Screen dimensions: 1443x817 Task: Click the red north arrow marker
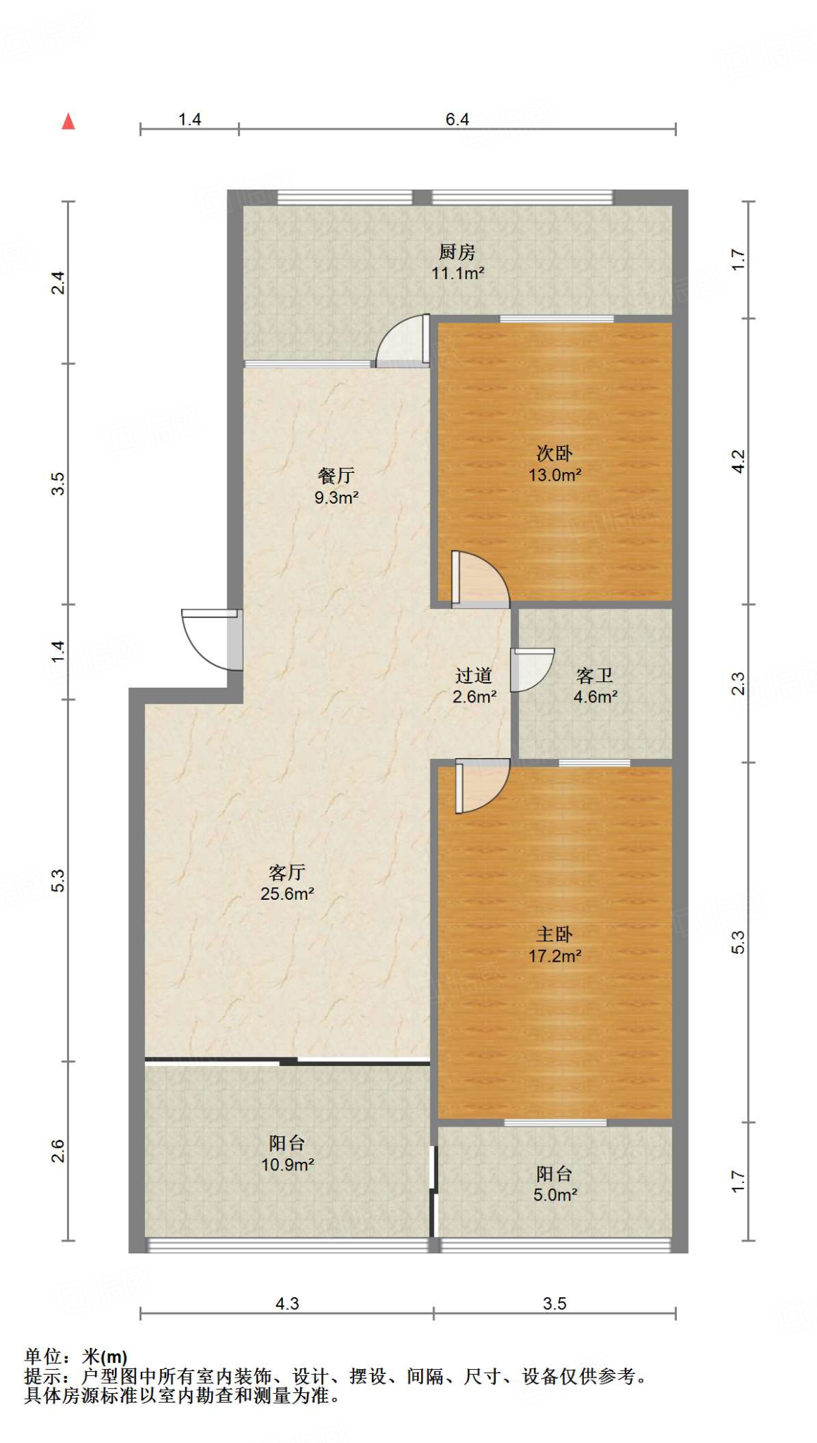click(x=68, y=122)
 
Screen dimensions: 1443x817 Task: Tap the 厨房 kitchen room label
click(x=457, y=252)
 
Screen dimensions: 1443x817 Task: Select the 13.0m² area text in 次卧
click(x=555, y=475)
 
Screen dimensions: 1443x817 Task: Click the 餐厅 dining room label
click(x=336, y=476)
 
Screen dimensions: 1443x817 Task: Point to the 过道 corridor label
click(x=473, y=676)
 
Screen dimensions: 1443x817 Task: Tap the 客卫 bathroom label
click(x=595, y=676)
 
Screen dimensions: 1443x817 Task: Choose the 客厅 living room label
click(x=287, y=872)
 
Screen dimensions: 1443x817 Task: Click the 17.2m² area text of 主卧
click(x=555, y=956)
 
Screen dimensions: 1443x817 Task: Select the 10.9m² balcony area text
click(x=287, y=1165)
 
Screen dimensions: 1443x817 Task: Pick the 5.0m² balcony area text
click(x=555, y=1195)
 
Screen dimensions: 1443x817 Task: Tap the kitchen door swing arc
click(x=401, y=340)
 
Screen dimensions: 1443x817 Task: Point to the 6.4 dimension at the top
click(x=457, y=119)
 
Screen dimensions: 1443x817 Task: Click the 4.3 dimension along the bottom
click(x=287, y=1303)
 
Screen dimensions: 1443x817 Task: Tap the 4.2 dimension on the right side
click(x=737, y=462)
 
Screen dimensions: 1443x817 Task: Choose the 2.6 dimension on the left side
click(x=58, y=1151)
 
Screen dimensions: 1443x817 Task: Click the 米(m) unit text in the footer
click(x=105, y=1356)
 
